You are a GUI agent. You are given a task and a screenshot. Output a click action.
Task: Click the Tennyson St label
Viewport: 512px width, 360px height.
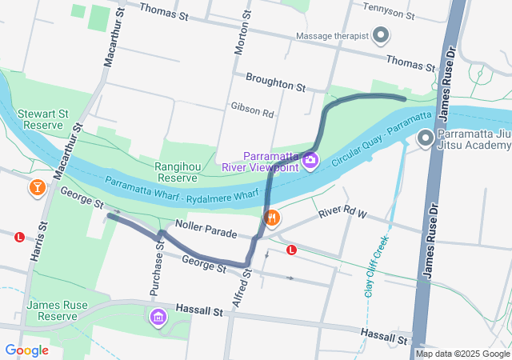[x=388, y=15]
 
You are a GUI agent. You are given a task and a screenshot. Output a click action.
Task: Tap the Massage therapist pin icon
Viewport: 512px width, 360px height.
[x=382, y=36]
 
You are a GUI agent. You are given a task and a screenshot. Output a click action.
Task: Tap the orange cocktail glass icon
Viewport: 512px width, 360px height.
[x=37, y=188]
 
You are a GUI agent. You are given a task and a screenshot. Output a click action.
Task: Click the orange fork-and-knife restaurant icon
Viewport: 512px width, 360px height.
[x=272, y=217]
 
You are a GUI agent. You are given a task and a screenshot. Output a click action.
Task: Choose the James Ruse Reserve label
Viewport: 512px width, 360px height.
[x=52, y=310]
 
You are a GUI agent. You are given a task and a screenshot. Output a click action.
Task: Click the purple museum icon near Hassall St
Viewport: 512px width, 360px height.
[x=158, y=317]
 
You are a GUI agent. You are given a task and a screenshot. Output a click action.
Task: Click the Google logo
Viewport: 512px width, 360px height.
[x=26, y=350]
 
